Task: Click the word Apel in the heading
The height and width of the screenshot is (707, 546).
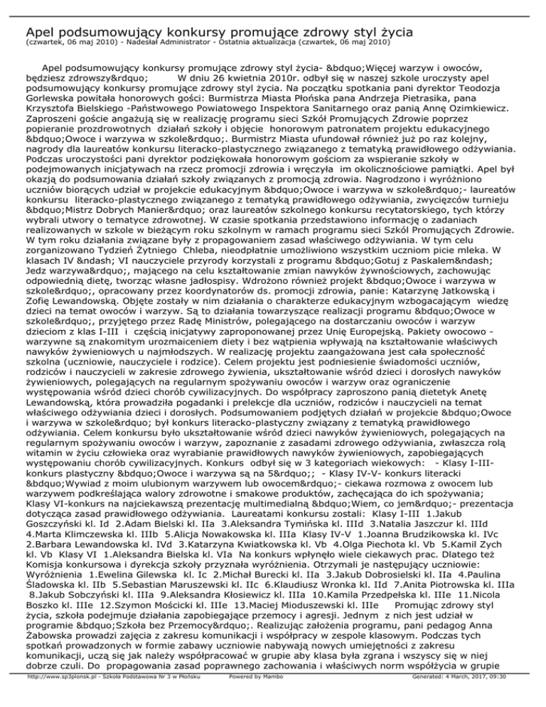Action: (x=40, y=32)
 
